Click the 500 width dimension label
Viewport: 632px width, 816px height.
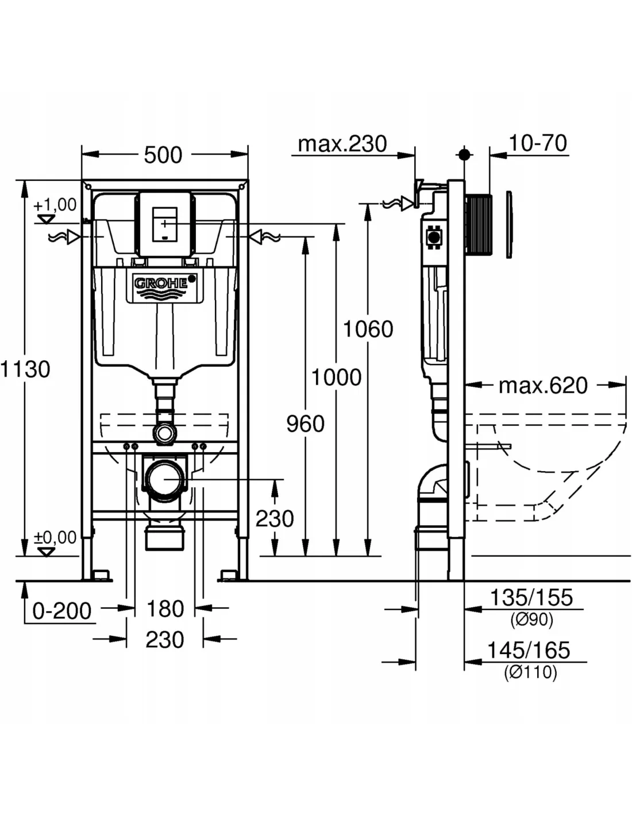tap(163, 155)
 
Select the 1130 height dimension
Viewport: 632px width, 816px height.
tap(26, 368)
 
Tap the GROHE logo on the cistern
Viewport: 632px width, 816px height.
tap(161, 283)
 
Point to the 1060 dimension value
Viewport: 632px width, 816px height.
tap(368, 329)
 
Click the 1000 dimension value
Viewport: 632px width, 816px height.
tap(336, 378)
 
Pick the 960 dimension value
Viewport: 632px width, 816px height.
tap(305, 424)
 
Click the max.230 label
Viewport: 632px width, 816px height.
tap(342, 143)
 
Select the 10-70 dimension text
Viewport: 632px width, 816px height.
tap(538, 143)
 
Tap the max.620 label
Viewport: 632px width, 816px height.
tap(543, 386)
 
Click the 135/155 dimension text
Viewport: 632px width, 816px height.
tap(531, 597)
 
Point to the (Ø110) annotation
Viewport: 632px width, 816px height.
tap(530, 672)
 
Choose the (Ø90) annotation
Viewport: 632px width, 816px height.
tap(531, 620)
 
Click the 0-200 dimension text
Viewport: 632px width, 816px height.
tap(62, 611)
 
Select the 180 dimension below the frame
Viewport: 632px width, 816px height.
tap(165, 609)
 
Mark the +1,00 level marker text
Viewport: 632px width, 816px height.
tap(55, 205)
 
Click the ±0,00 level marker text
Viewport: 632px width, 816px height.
tap(55, 538)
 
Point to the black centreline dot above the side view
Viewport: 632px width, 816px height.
tap(464, 155)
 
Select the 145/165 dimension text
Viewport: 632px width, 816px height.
tap(529, 650)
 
